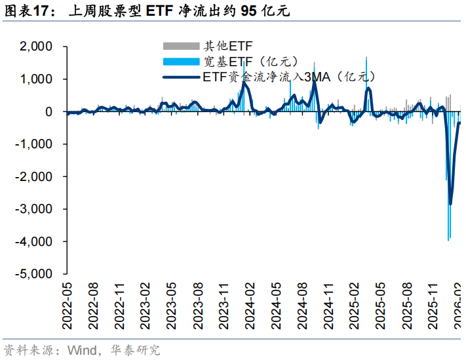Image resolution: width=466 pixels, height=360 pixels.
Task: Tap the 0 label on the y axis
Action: [49, 112]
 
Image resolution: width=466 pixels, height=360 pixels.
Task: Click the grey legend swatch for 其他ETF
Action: [181, 46]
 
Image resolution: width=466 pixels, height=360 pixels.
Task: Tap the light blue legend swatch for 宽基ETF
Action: [181, 62]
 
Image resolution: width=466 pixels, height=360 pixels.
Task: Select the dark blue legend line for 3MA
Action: [181, 77]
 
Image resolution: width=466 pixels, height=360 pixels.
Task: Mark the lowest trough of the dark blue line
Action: [450, 204]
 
